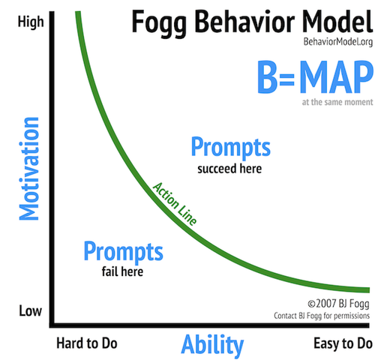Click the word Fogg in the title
click(x=159, y=24)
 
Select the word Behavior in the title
click(x=244, y=22)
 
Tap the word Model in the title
click(x=337, y=22)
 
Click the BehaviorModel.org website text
click(x=338, y=42)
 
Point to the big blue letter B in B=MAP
click(x=268, y=77)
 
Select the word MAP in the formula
click(x=336, y=77)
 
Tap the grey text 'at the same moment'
click(x=337, y=102)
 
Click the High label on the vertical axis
click(x=31, y=22)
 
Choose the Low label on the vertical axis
click(x=30, y=311)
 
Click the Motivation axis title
click(x=29, y=169)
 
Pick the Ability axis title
click(x=212, y=346)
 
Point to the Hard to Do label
click(x=87, y=343)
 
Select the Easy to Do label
click(x=343, y=343)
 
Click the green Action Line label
click(x=175, y=204)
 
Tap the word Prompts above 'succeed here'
click(x=231, y=148)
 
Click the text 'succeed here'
click(x=229, y=169)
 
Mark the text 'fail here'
click(x=122, y=271)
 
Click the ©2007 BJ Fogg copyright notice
click(x=338, y=304)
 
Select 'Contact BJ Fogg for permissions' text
click(x=322, y=316)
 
